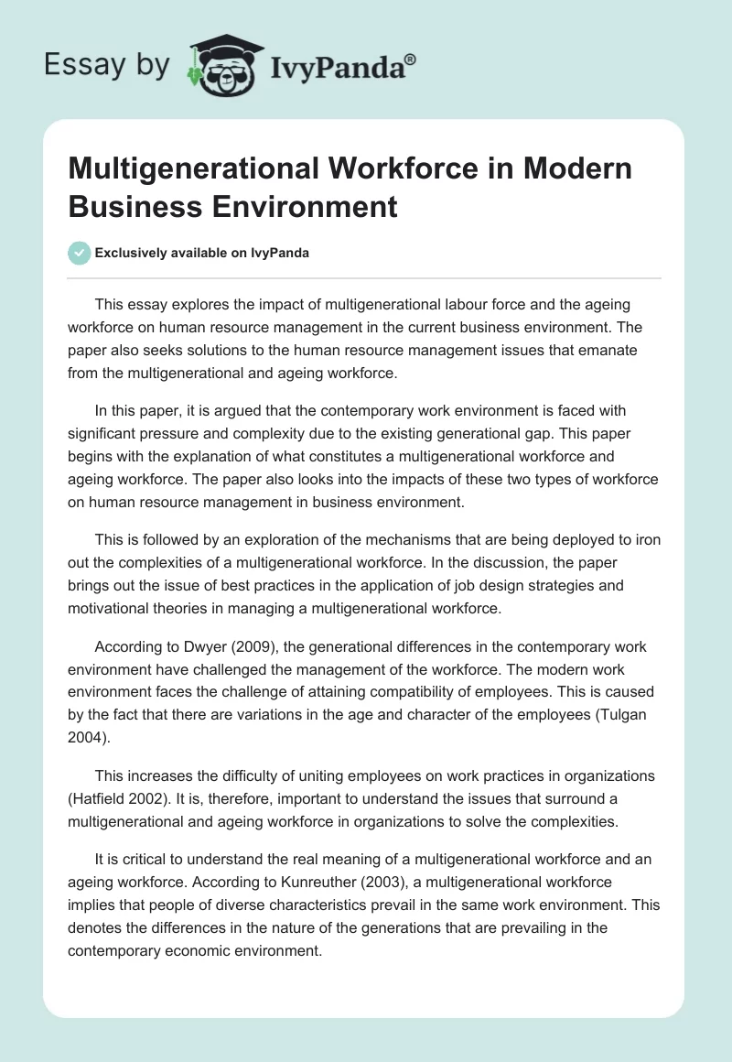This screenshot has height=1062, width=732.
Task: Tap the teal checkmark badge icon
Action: tap(79, 253)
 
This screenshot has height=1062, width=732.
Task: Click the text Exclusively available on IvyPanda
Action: tap(202, 254)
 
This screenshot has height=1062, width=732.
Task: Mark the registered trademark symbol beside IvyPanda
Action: tap(410, 59)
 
